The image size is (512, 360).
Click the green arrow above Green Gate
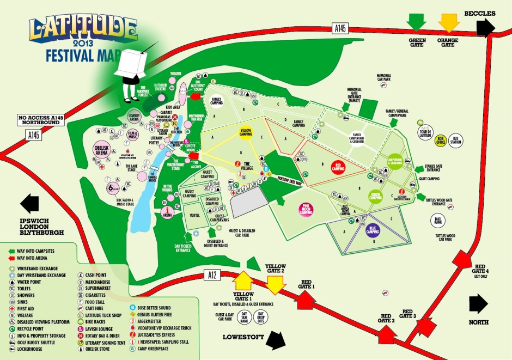tap(417, 21)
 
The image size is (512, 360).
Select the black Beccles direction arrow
tap(484, 27)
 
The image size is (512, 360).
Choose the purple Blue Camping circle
tap(372, 230)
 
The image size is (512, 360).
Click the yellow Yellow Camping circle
tap(245, 132)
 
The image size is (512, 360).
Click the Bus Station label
tap(457, 139)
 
